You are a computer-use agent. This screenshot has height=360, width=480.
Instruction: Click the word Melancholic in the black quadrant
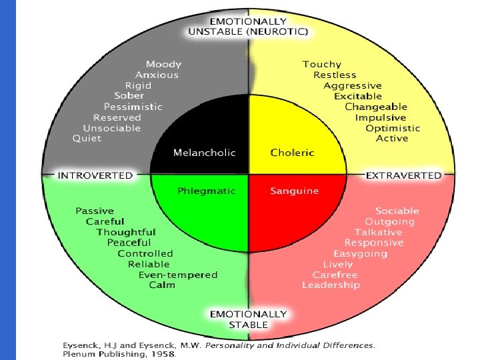(204, 153)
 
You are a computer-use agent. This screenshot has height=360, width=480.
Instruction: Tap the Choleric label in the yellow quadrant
(292, 153)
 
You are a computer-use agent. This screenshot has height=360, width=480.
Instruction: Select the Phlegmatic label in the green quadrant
(206, 191)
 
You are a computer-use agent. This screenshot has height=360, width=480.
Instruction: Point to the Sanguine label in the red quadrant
(294, 191)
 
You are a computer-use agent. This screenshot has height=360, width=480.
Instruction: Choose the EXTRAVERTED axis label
(403, 175)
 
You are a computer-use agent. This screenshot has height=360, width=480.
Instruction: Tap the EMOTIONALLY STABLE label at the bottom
(248, 319)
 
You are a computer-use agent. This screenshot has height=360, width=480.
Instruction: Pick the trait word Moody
(163, 64)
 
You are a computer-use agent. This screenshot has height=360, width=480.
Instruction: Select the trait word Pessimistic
(133, 107)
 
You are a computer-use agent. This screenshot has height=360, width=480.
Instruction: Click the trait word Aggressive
(352, 85)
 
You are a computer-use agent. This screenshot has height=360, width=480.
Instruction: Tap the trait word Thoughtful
(125, 232)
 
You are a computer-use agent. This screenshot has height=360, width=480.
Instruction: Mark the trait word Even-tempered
(177, 275)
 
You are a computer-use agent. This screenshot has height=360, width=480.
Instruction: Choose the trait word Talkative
(378, 232)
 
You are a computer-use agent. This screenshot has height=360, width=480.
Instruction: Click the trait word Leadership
(331, 285)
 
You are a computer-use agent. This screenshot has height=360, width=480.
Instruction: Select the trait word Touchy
(321, 64)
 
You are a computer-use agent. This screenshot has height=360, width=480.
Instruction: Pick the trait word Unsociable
(112, 128)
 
